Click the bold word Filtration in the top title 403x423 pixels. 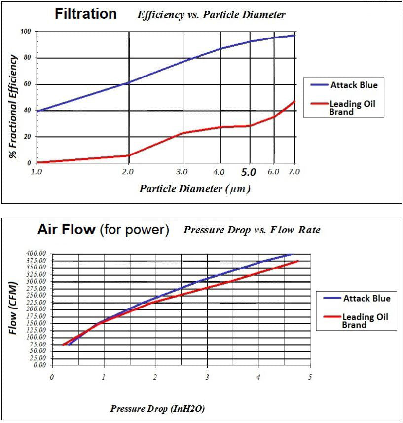pos(86,14)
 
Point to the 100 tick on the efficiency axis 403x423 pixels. pos(26,32)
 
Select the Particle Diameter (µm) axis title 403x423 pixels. pos(194,189)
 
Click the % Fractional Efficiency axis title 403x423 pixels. pos(14,106)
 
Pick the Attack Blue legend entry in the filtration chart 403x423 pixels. pos(344,85)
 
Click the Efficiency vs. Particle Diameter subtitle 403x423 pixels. pos(211,15)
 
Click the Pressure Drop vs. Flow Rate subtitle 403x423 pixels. pos(252,230)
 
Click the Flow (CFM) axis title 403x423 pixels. pos(14,308)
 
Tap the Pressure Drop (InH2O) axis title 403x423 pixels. pos(157,409)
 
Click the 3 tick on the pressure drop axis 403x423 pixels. pos(207,378)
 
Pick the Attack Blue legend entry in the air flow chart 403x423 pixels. pos(356,299)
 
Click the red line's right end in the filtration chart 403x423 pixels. pos(294,101)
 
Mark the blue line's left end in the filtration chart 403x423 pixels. pos(37,111)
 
